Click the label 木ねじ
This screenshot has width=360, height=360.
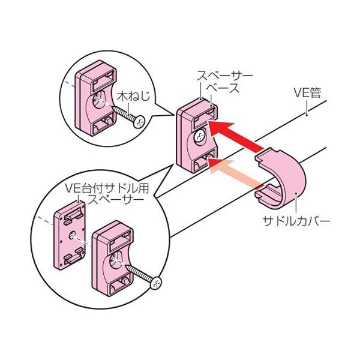pos(133,96)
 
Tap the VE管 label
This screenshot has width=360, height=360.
pos(307,93)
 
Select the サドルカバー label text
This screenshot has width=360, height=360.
pos(296,221)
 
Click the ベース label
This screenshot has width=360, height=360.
pos(223,88)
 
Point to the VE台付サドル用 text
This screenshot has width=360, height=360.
pos(107,188)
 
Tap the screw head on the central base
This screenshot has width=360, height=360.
pos(199,136)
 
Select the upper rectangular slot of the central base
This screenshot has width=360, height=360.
pos(205,118)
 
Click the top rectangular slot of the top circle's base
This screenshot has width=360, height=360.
pos(104,80)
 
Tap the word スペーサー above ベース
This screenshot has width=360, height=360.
pos(225,76)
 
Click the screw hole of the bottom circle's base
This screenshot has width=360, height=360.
pos(116,260)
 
